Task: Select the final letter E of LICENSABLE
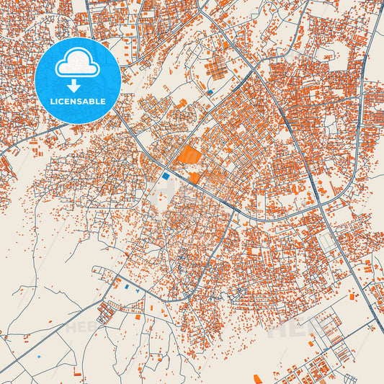point(103,102)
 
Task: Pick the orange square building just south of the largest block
point(195,177)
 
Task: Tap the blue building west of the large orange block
point(166,175)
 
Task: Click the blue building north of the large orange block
point(210,92)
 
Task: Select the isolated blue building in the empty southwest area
point(38,356)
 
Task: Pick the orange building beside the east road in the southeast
point(351,296)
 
